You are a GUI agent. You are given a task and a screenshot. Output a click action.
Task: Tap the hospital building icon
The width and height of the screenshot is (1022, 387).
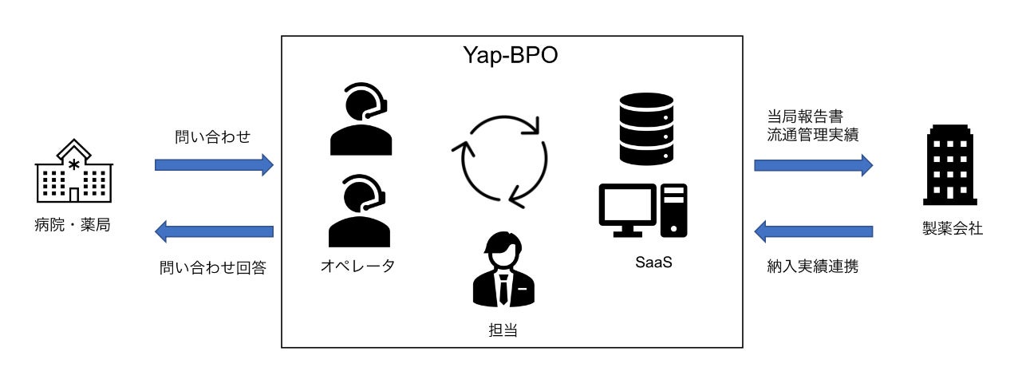click(73, 171)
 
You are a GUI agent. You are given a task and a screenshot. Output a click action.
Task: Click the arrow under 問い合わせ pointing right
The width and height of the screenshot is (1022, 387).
click(214, 165)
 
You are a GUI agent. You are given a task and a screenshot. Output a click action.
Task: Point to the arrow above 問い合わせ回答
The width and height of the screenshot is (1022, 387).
click(214, 232)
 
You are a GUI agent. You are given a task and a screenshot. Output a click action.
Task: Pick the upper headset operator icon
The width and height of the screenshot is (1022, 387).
click(361, 119)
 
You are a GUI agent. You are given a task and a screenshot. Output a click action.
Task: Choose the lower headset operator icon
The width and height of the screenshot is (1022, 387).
click(361, 211)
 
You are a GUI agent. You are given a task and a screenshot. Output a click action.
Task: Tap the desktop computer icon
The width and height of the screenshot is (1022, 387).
click(643, 211)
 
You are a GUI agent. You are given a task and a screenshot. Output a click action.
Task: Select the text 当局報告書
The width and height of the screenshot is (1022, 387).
click(797, 115)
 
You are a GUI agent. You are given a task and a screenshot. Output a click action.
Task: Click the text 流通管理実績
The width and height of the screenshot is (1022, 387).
click(807, 136)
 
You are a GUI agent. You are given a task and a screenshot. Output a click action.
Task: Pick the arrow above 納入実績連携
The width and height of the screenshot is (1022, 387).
click(813, 232)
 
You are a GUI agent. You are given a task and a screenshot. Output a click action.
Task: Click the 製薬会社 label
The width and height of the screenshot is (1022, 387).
click(951, 229)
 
